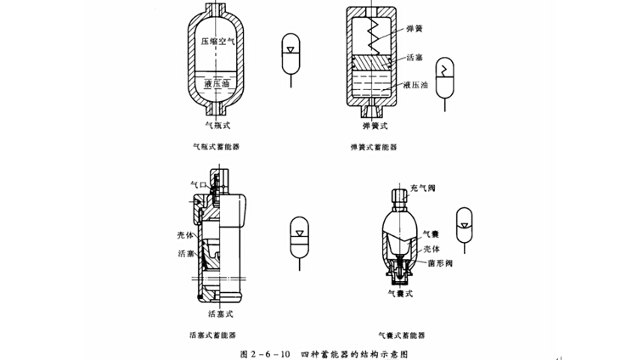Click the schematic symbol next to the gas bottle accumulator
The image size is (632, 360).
point(290,58)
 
